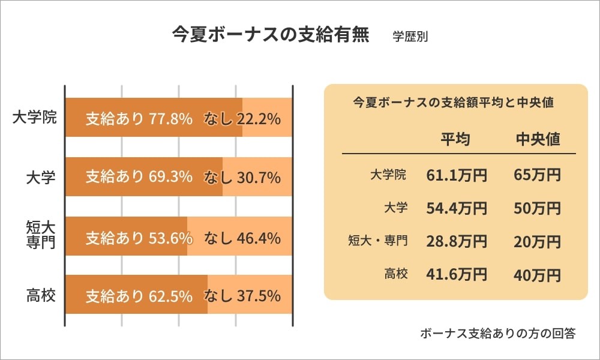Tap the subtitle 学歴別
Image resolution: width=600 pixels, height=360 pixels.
[410, 35]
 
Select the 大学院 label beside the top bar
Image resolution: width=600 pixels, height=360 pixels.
[34, 117]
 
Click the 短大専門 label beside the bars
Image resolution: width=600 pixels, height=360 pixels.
[41, 235]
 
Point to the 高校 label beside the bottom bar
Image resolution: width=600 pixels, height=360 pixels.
[41, 295]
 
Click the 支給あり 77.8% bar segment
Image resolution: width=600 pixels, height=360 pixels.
[153, 118]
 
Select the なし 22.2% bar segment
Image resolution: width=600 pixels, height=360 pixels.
[267, 118]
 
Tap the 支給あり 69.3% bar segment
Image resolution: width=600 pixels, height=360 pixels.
[143, 176]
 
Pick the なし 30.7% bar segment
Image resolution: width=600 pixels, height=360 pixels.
[257, 176]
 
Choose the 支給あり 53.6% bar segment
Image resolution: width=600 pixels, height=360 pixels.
[126, 236]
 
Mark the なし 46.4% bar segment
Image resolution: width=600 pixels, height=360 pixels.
[239, 236]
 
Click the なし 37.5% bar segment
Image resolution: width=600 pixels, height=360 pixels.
[250, 295]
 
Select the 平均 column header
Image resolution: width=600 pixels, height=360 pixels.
[455, 139]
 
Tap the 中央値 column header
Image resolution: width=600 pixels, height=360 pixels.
[538, 139]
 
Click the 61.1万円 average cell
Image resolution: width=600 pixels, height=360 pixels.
[457, 175]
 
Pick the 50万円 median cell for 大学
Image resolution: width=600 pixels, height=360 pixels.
[538, 208]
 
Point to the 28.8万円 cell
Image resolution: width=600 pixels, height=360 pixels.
[457, 241]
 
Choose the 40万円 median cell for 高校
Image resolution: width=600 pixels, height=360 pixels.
[538, 275]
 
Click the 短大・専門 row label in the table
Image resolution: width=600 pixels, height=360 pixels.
[378, 241]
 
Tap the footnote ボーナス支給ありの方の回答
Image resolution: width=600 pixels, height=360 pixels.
[498, 334]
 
